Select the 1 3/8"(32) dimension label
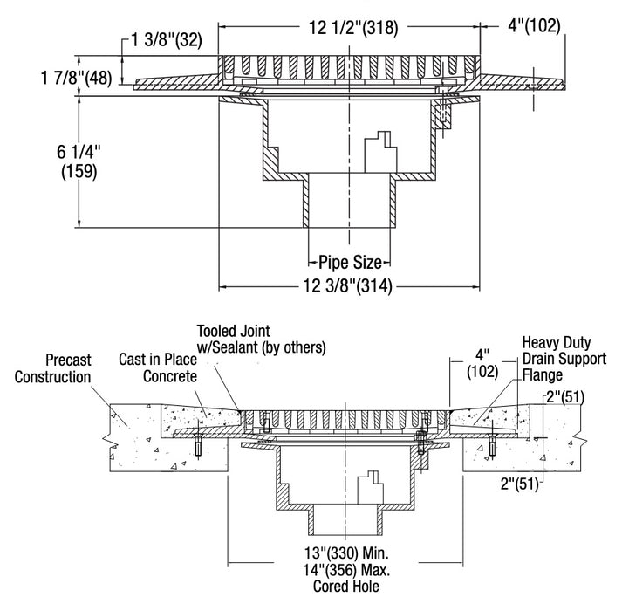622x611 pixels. (164, 39)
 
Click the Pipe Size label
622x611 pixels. (350, 260)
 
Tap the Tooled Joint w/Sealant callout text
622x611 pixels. (261, 339)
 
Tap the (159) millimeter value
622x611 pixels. (79, 172)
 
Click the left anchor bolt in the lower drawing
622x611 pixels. (199, 445)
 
